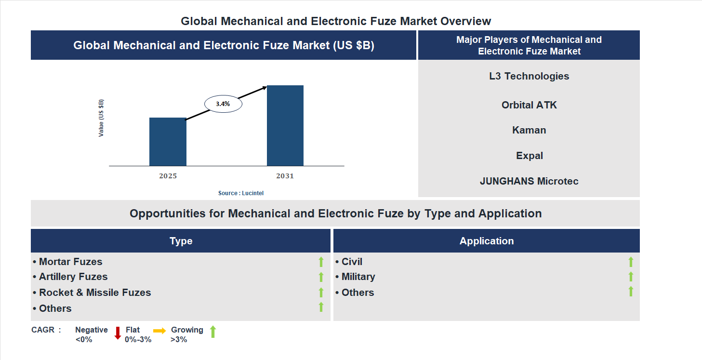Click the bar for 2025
click(168, 142)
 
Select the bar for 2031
click(285, 126)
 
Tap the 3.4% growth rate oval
click(223, 104)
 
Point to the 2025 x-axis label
click(168, 176)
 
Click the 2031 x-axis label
click(285, 176)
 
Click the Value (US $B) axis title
click(101, 118)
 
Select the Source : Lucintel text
click(241, 193)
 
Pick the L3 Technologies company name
click(529, 76)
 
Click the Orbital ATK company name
click(529, 105)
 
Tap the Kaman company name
click(529, 130)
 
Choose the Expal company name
click(529, 156)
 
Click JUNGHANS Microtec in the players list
click(529, 181)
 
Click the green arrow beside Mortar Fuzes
click(321, 262)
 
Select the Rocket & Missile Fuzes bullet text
click(95, 293)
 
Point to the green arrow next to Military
click(631, 277)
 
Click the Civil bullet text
click(352, 262)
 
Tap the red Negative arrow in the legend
click(118, 333)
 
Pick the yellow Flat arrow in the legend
click(159, 331)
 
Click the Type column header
click(181, 241)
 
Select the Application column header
click(487, 241)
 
